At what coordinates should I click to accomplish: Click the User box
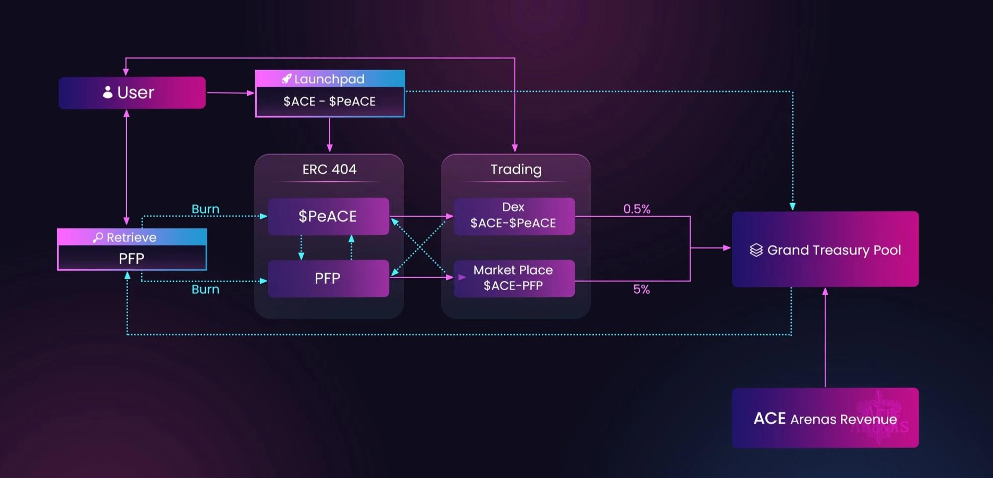click(x=132, y=92)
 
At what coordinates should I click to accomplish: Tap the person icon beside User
click(x=108, y=92)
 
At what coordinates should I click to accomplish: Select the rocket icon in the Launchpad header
click(x=286, y=79)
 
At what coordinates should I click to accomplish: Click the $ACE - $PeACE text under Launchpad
click(x=330, y=101)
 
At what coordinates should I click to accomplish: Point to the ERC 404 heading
click(x=329, y=169)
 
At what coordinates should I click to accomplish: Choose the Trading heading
click(x=516, y=169)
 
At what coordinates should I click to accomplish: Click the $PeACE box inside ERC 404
click(x=328, y=216)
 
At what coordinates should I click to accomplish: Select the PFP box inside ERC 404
click(x=328, y=278)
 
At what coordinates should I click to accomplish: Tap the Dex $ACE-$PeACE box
click(x=514, y=216)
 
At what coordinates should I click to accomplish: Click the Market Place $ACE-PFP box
click(x=514, y=278)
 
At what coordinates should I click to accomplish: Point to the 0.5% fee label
click(x=637, y=209)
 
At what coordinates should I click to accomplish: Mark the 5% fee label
click(x=641, y=289)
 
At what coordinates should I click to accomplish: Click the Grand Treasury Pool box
click(x=825, y=249)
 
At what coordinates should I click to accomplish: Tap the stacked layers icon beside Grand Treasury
click(x=756, y=250)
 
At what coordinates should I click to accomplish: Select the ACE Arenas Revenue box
click(x=825, y=418)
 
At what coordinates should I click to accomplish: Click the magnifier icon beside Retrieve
click(x=98, y=238)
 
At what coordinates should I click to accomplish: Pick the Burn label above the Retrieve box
click(x=205, y=209)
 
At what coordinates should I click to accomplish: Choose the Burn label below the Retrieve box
click(x=205, y=289)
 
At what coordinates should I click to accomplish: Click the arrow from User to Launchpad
click(x=230, y=93)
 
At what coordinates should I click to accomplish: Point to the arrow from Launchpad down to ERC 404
click(x=330, y=134)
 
